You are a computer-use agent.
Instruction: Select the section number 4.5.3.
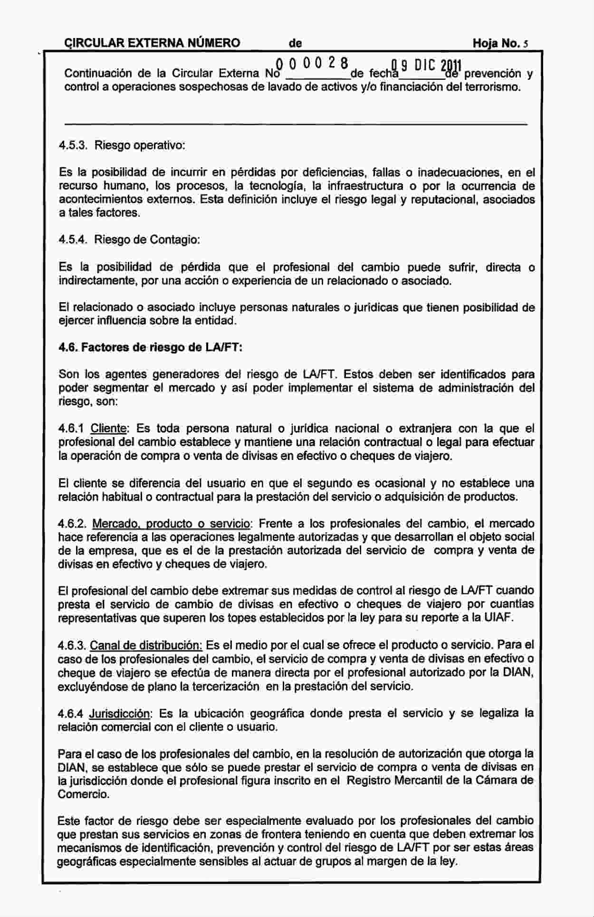pos(73,145)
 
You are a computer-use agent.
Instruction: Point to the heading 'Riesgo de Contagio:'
pos(147,239)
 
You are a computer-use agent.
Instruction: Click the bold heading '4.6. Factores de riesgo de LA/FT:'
pos(151,347)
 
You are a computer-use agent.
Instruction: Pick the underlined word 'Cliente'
pos(108,429)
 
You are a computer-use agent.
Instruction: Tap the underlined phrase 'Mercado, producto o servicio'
pos(171,524)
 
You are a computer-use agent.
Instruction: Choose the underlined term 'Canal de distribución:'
pos(146,645)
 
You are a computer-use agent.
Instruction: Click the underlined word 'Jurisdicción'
pos(119,713)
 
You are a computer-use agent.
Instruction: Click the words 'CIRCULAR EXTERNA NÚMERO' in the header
pos(152,44)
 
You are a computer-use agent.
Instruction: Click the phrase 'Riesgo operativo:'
pos(140,145)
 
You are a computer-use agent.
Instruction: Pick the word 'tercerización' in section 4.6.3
pos(228,686)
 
